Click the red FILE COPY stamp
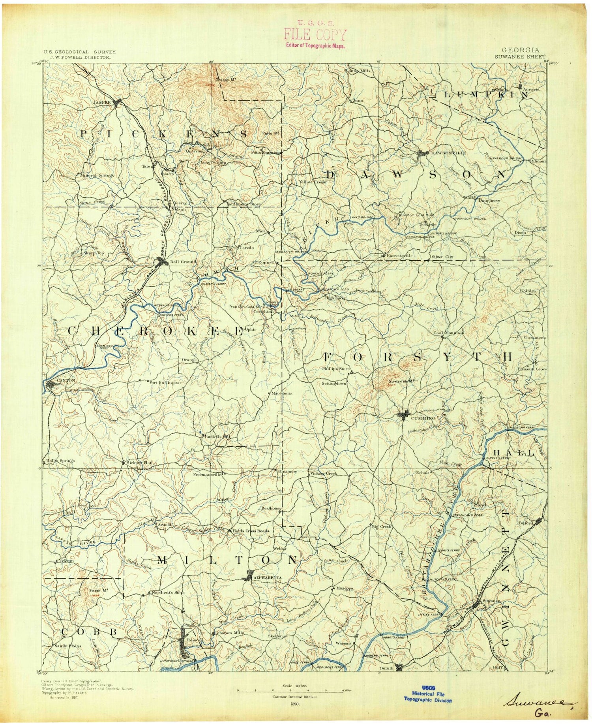tap(315, 35)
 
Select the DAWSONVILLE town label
tap(448, 152)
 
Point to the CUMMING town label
tap(423, 418)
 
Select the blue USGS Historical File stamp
tap(428, 694)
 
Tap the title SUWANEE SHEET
tap(520, 56)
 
